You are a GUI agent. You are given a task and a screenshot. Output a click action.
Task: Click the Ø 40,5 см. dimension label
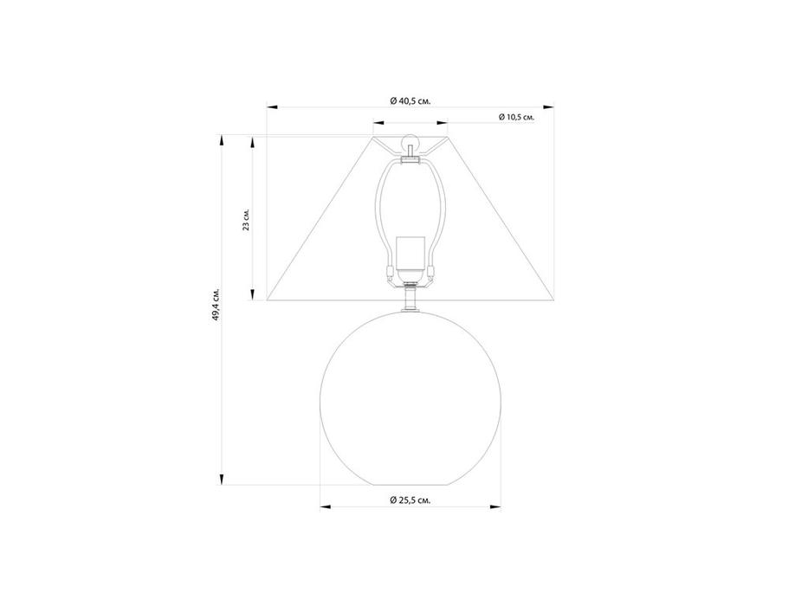(x=410, y=101)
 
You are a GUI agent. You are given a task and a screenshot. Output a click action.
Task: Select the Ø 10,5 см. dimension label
(x=516, y=117)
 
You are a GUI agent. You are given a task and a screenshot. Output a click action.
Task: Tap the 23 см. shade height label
(x=246, y=220)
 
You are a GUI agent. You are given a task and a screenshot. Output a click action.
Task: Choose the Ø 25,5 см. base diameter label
(x=410, y=500)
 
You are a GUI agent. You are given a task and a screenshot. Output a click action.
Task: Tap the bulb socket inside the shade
(x=410, y=258)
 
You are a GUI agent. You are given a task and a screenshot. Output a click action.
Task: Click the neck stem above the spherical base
(x=410, y=299)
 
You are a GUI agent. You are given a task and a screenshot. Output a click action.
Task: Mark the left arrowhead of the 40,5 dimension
(x=273, y=107)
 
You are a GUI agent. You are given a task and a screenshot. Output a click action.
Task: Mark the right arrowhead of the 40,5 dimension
(x=548, y=107)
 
